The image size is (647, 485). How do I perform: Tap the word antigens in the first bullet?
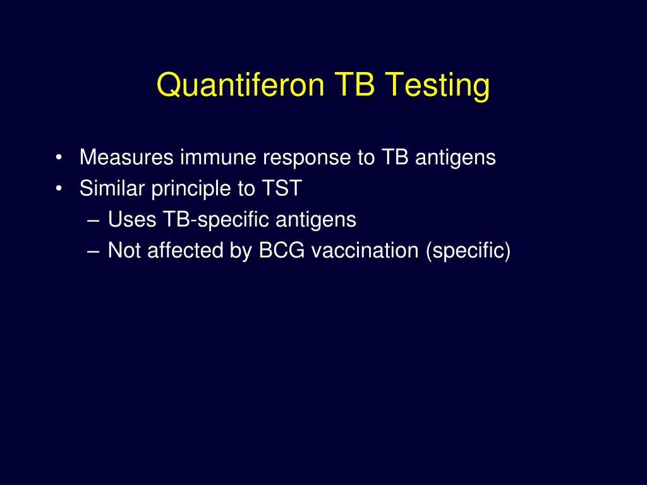[x=456, y=158]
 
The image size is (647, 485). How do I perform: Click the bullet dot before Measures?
[x=59, y=158]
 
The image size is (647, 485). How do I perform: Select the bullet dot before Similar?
[x=59, y=189]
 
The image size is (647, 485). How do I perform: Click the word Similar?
[x=112, y=189]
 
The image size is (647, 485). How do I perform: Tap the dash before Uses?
[x=94, y=220]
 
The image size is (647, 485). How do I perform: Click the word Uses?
[x=132, y=220]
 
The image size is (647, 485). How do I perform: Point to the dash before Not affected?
[x=94, y=251]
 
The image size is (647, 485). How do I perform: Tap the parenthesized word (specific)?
[x=468, y=251]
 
